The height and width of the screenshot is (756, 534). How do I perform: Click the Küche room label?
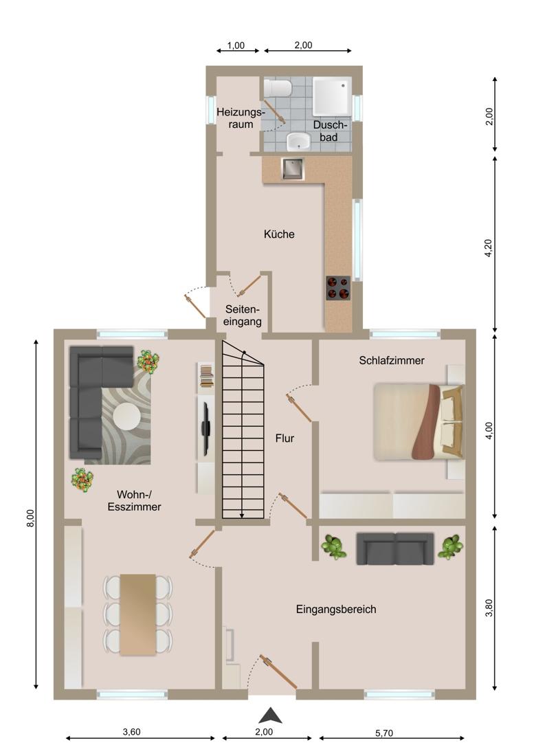279,234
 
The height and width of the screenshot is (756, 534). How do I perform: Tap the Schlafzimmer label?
391,360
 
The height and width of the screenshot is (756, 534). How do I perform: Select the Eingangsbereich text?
336,610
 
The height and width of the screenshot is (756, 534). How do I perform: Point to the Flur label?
285,438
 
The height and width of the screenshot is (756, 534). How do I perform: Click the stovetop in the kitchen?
338,288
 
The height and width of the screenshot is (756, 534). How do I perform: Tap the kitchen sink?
293,169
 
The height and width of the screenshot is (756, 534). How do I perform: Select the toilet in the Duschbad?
278,89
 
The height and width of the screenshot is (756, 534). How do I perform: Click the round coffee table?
126,416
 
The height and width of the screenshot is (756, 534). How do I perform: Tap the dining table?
138,614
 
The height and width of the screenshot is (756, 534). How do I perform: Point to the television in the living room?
205,429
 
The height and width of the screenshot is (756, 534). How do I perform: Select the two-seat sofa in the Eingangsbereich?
394,548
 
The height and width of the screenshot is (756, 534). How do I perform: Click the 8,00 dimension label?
30,518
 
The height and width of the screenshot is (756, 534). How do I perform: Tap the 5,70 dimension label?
383,733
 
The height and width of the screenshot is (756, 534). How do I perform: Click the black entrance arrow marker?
270,715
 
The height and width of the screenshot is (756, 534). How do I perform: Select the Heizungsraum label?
241,118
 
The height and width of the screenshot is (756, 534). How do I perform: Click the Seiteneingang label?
243,315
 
